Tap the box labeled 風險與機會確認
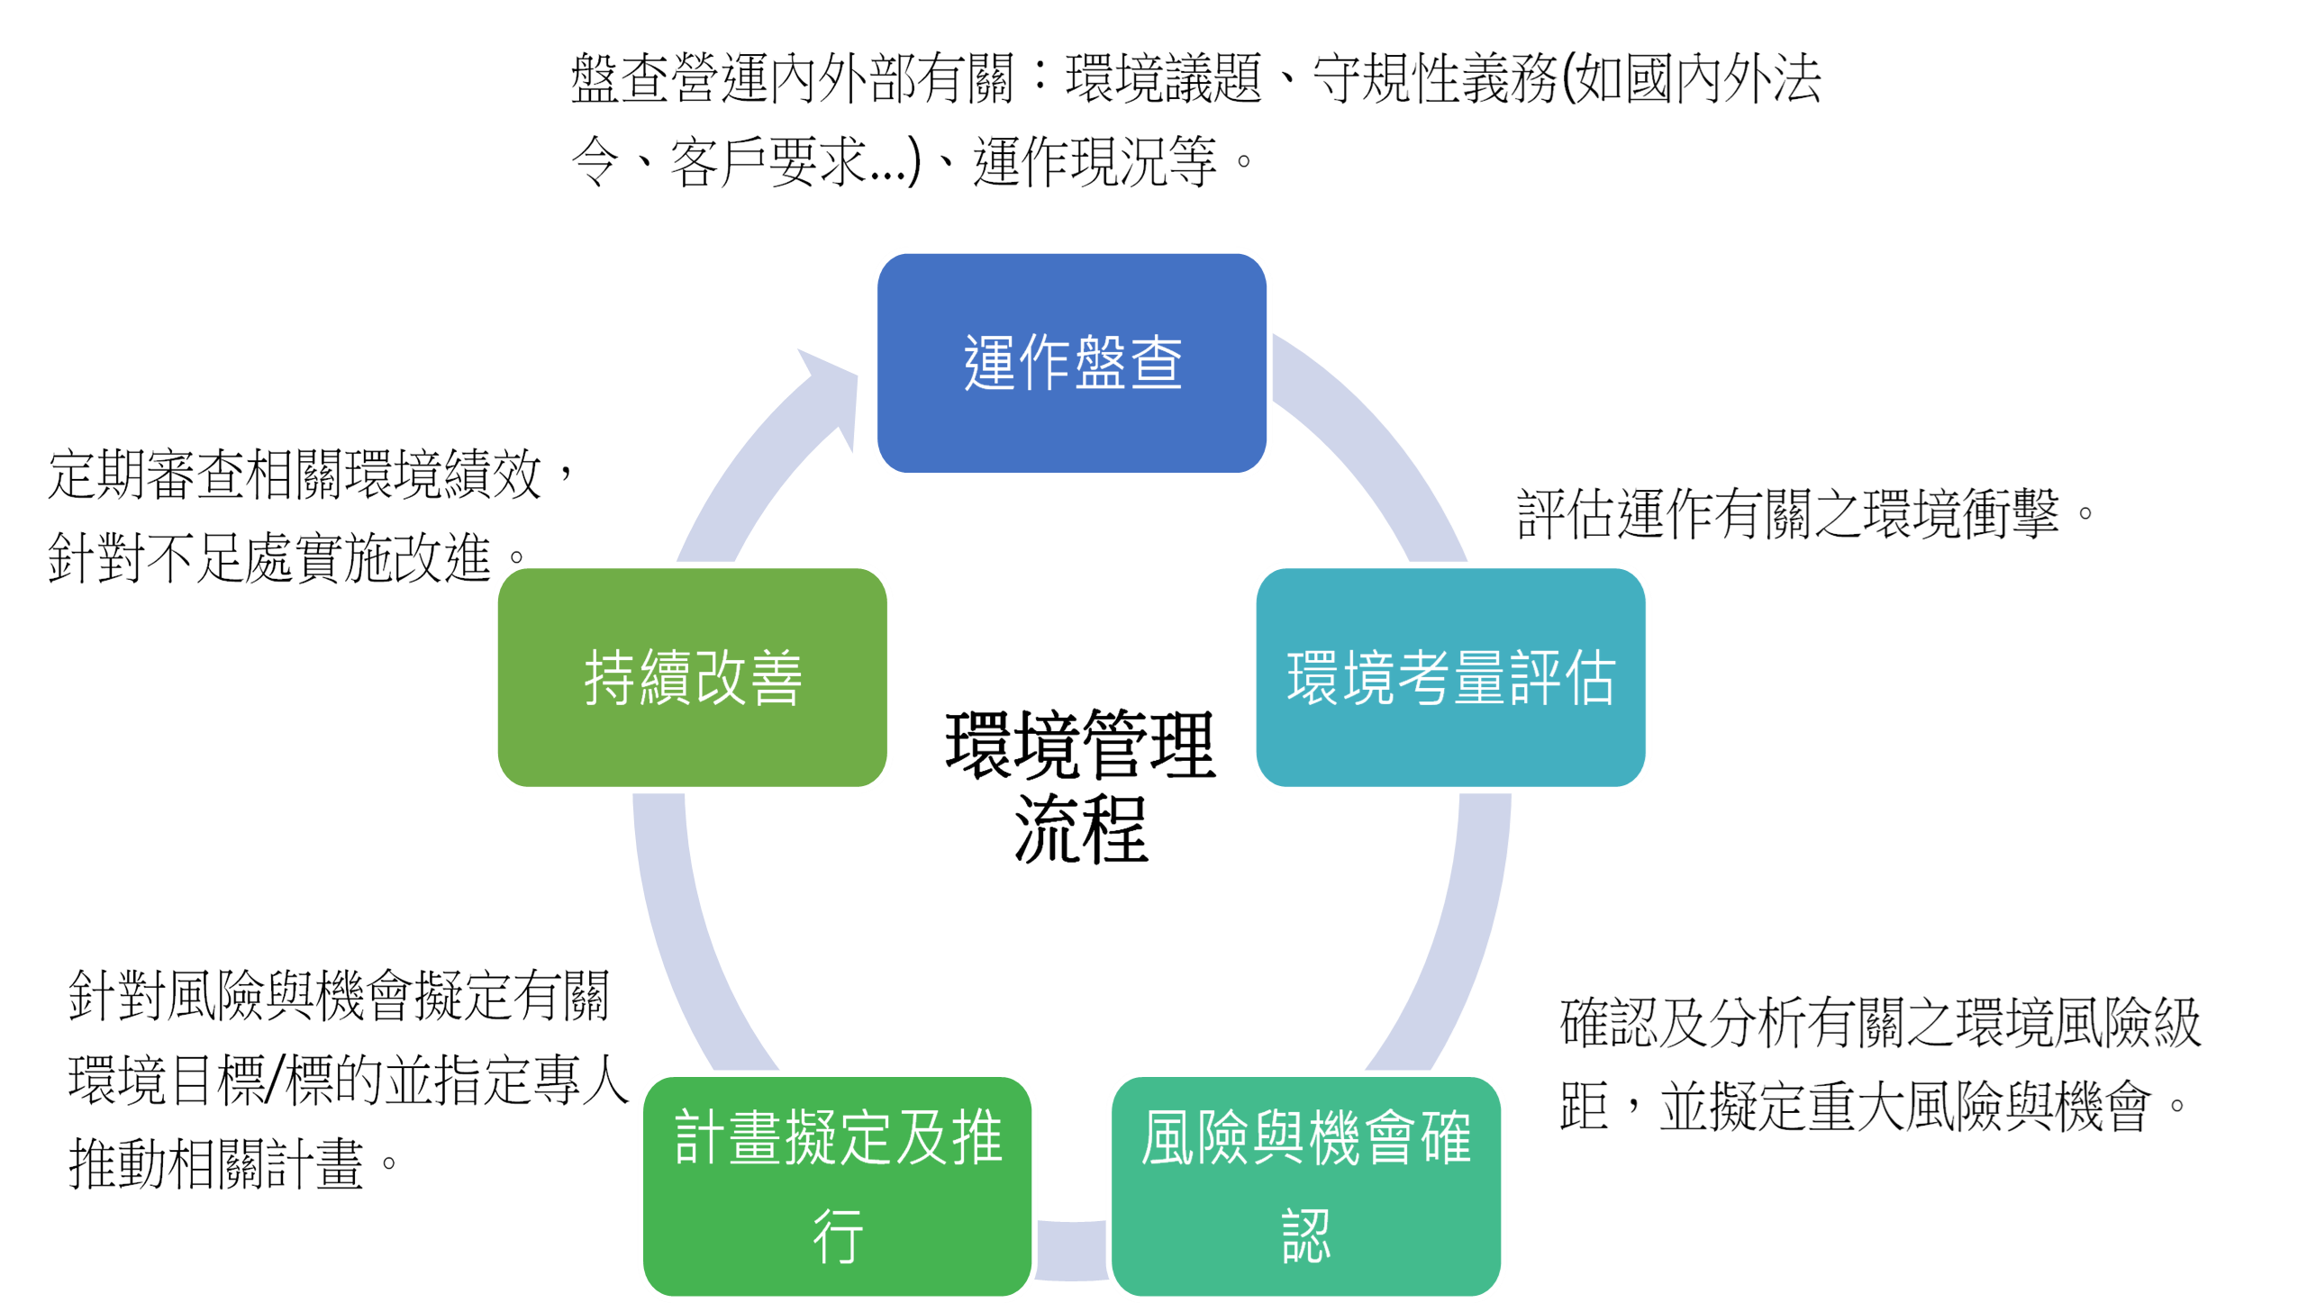pos(1307,1186)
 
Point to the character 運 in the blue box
pos(990,362)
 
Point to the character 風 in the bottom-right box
pos(1169,1137)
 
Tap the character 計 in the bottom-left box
pos(700,1137)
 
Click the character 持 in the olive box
pos(611,678)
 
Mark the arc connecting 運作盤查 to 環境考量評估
pos(1379,450)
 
